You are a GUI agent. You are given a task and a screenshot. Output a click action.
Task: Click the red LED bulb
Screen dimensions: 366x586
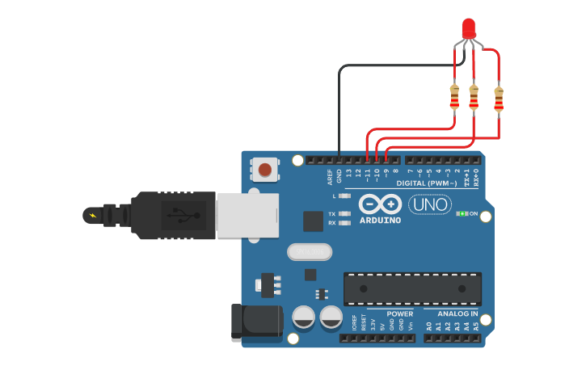point(468,28)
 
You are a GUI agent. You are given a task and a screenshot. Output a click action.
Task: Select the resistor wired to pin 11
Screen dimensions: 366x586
point(454,98)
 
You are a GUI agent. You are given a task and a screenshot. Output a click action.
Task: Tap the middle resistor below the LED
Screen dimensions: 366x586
point(474,98)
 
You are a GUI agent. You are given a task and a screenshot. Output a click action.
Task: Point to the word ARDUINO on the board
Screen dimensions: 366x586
point(380,220)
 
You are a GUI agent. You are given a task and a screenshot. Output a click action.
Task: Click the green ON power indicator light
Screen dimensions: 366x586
point(462,214)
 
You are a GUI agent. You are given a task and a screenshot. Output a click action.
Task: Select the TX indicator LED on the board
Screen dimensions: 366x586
point(345,214)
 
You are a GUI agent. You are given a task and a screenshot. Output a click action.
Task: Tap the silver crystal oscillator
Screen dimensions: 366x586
point(310,253)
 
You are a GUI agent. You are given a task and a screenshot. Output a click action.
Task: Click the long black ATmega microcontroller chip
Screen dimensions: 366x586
point(412,288)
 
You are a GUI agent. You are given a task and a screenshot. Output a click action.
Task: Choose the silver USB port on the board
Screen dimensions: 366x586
point(247,215)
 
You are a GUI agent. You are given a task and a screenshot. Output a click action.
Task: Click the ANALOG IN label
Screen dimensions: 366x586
point(457,313)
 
